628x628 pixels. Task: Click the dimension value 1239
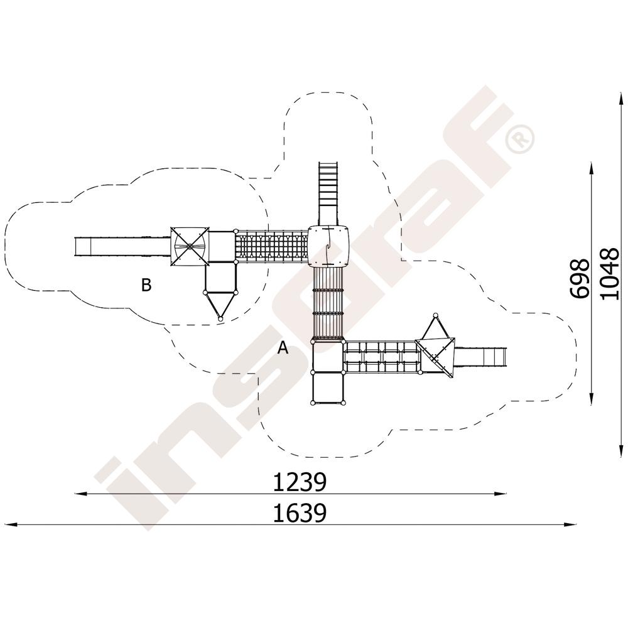[x=300, y=482]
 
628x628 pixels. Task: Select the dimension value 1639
[x=300, y=513]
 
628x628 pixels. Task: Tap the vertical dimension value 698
[x=580, y=278]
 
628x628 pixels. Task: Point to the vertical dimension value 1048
[x=610, y=273]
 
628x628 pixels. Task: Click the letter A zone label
[x=283, y=348]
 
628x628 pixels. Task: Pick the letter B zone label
[x=146, y=285]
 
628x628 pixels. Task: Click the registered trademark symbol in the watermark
[x=519, y=139]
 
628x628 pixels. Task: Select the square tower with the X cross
[x=190, y=246]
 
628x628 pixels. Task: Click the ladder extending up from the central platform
[x=329, y=194]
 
